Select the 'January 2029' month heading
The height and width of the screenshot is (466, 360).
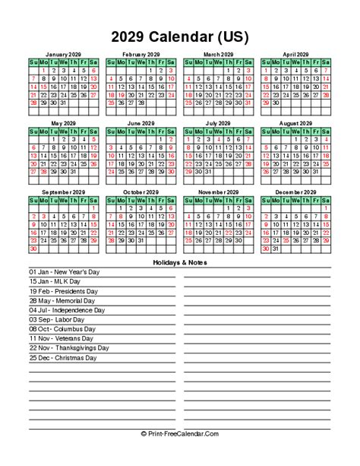[x=63, y=55]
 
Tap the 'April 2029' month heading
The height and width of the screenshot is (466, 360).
[x=296, y=55]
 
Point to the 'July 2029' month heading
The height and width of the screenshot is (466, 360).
[x=219, y=123]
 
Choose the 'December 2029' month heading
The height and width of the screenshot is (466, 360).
[x=296, y=192]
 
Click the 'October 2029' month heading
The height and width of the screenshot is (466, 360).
[x=141, y=192]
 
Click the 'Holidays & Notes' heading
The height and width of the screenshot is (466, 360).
[x=179, y=262]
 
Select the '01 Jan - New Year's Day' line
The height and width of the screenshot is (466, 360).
[x=64, y=271]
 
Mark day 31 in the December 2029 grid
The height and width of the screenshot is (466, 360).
[x=276, y=249]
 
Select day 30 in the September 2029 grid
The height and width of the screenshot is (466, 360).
[x=33, y=249]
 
